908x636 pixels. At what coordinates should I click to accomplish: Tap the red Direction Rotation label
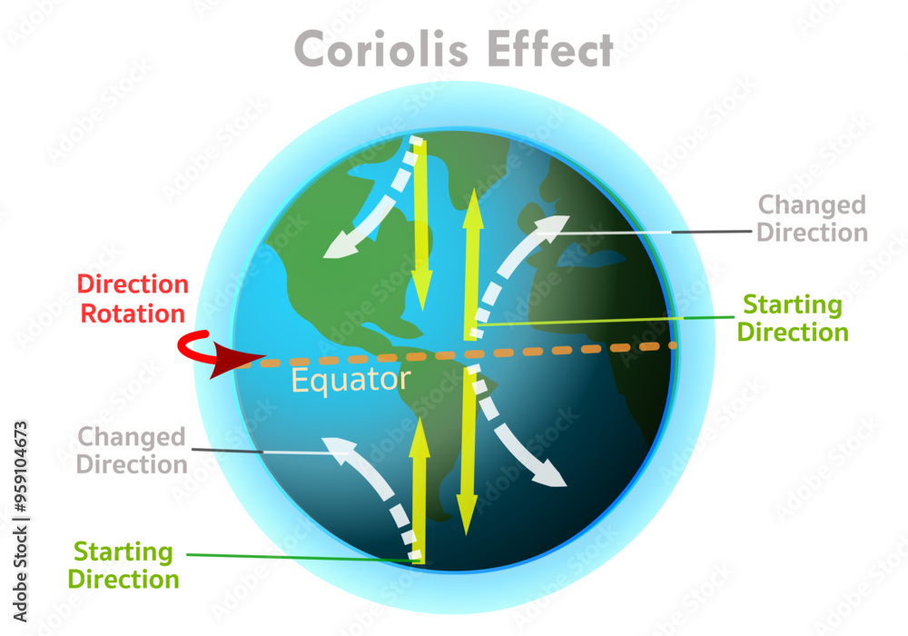[133, 299]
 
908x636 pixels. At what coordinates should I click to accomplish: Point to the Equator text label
[350, 380]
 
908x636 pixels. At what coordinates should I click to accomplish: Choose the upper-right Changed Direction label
[812, 218]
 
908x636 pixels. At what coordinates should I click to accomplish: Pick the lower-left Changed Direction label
[132, 450]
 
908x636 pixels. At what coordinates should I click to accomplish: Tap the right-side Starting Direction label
[792, 317]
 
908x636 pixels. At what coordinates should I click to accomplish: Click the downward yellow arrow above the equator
[420, 227]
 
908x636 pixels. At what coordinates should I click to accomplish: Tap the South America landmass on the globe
[436, 427]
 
